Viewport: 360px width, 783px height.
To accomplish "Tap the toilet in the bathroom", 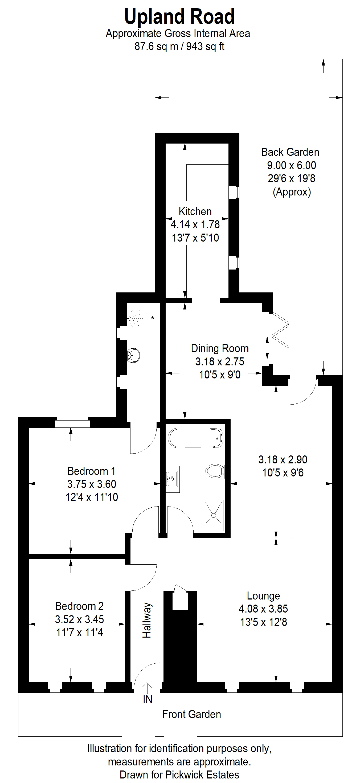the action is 215,471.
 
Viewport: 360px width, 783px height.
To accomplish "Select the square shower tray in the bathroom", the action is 213,515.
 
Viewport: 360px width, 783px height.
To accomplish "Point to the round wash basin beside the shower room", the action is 133,355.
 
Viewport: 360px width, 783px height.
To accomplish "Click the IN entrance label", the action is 148,699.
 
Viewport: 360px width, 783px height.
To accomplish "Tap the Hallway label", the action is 147,620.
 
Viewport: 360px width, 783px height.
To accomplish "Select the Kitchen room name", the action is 195,211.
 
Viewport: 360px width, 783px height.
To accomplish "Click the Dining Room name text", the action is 220,348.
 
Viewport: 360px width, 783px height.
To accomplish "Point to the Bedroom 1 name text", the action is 91,471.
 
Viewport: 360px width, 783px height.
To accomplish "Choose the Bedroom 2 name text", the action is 79,606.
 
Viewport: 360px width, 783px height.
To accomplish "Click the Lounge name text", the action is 263,596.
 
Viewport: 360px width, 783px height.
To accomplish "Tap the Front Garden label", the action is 191,714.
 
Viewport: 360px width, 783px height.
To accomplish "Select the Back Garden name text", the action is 290,152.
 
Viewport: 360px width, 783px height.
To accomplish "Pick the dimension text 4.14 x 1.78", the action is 195,225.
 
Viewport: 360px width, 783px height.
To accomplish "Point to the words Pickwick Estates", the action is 202,774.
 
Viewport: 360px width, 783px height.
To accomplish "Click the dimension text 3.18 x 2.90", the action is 283,460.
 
